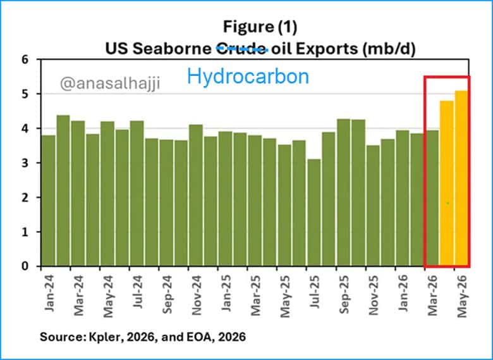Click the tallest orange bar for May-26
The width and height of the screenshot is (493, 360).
[461, 178]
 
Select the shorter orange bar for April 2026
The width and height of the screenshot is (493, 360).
[447, 183]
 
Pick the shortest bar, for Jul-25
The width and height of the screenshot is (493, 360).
[313, 213]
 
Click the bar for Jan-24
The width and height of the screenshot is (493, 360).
[49, 201]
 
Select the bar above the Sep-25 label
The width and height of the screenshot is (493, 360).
[343, 192]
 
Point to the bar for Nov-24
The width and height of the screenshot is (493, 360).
[196, 195]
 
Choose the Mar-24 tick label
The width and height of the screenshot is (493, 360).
[78, 295]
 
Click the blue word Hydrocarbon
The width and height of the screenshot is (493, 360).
[248, 77]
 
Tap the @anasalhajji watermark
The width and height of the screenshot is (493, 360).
[110, 84]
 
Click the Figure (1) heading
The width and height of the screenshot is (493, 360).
[260, 27]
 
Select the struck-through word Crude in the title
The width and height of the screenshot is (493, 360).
[241, 49]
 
